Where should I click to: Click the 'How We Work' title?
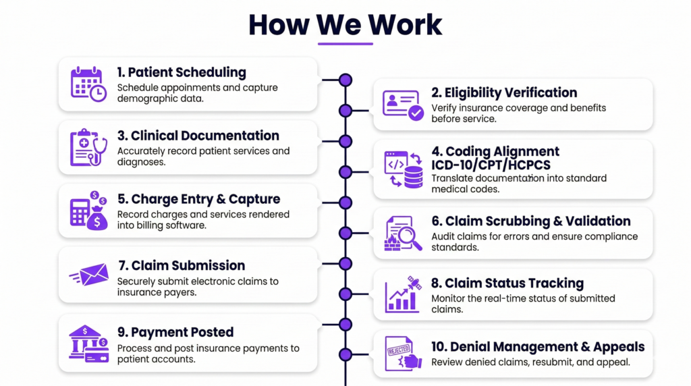point(345,24)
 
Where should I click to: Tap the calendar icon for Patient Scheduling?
point(88,84)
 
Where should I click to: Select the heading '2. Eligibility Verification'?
point(504,92)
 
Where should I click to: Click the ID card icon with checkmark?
point(403,105)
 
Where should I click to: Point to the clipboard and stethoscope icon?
point(88,147)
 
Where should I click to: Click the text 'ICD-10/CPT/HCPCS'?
point(491,165)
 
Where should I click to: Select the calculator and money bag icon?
point(88,210)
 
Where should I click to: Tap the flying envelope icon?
point(88,275)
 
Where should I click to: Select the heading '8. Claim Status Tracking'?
point(507,283)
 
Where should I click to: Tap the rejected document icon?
point(403,354)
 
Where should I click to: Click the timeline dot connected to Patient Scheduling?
point(345,80)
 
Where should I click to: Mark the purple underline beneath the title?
point(345,44)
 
